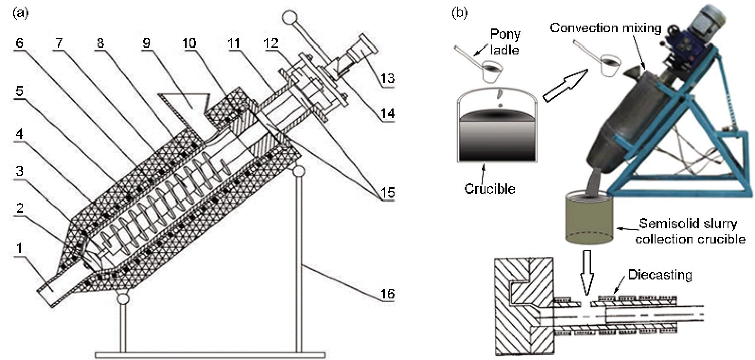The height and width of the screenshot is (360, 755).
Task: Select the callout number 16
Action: pyautogui.click(x=387, y=294)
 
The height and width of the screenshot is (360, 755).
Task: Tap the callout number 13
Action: pyautogui.click(x=387, y=78)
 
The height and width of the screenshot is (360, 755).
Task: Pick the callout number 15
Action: pyautogui.click(x=387, y=193)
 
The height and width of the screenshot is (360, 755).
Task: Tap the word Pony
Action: pyautogui.click(x=505, y=35)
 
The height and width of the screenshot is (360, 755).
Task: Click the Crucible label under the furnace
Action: pyautogui.click(x=489, y=189)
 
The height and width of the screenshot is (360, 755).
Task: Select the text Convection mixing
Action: pyautogui.click(x=605, y=28)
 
